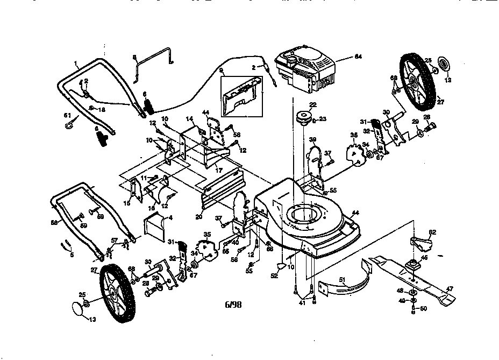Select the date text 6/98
(x=233, y=304)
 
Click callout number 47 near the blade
(x=450, y=288)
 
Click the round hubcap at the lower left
(x=81, y=309)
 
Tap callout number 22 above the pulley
(x=312, y=104)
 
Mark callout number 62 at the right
(x=432, y=232)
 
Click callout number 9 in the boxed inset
(x=221, y=70)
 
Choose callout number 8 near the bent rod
(x=135, y=57)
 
